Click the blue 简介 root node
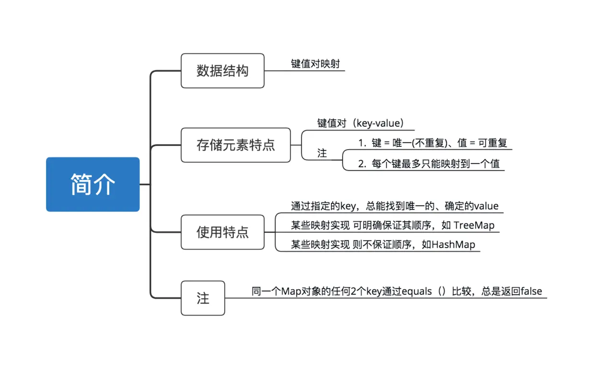[x=92, y=184]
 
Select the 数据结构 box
[x=222, y=71]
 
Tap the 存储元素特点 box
[x=236, y=145]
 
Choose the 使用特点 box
[x=222, y=232]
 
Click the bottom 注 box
[x=203, y=298]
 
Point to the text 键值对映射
[x=315, y=64]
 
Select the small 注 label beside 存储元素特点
[x=322, y=153]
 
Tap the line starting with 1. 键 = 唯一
[x=433, y=143]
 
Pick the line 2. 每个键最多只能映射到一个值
[x=429, y=164]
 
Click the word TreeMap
[x=474, y=225]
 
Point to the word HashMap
[x=453, y=245]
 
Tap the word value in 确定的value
[x=486, y=206]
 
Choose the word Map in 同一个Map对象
[x=292, y=291]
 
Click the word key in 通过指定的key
[x=347, y=206]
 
